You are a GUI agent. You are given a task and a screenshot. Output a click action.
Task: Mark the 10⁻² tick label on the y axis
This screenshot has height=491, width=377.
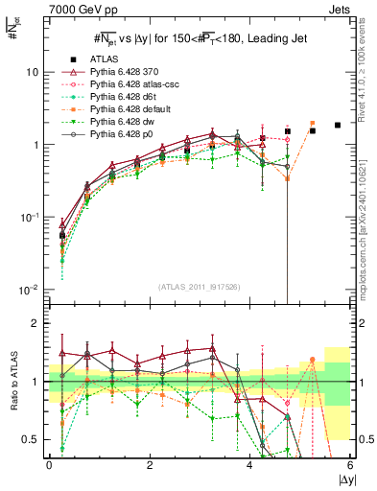tap(30, 290)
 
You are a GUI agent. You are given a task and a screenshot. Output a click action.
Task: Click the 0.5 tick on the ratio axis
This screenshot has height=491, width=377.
tap(31, 439)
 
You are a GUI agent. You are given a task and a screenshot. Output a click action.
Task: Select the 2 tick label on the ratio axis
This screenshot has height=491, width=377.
tap(36, 323)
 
